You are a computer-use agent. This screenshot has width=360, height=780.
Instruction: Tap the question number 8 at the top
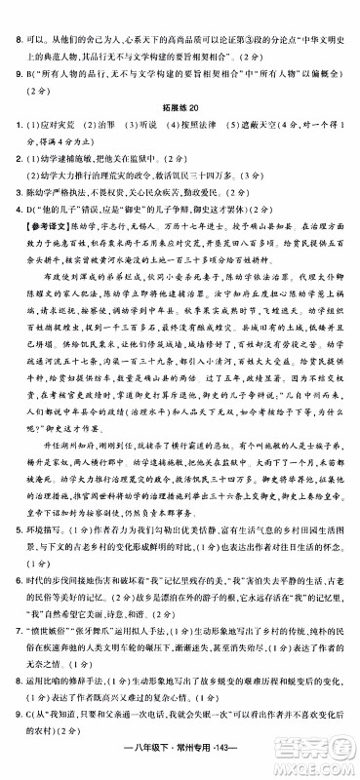tap(10, 13)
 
